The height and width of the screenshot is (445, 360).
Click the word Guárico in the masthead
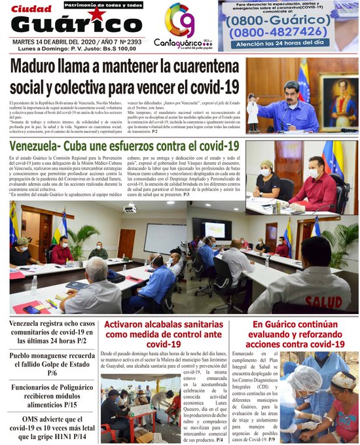pos(77,24)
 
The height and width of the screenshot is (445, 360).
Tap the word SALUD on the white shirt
pos(323,302)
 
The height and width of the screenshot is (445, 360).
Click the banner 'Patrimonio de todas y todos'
pos(103,5)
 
